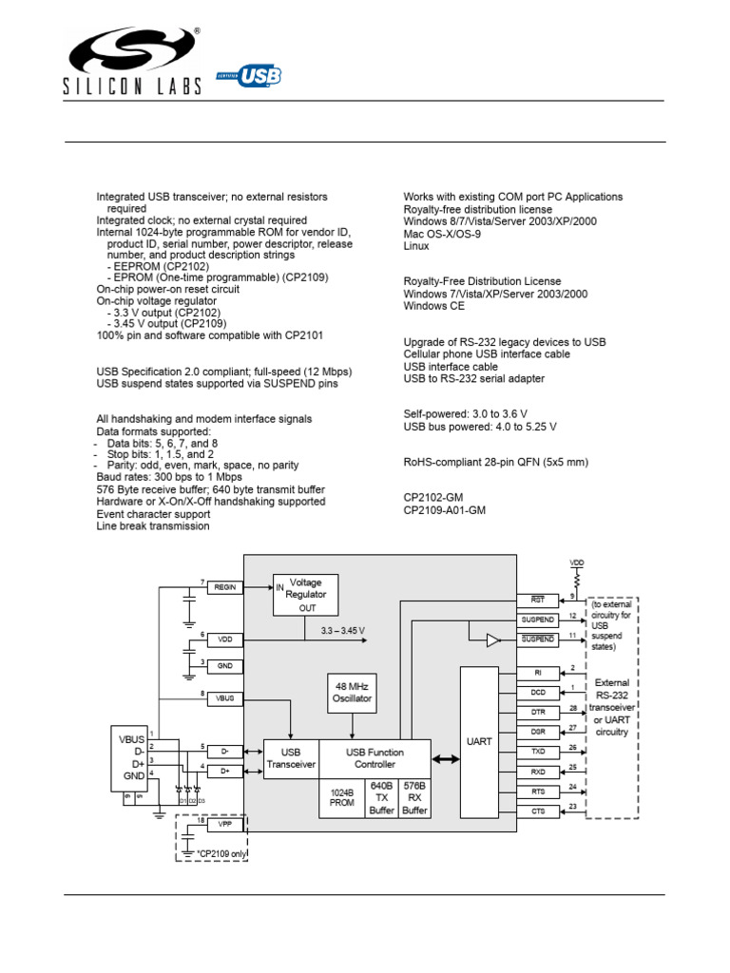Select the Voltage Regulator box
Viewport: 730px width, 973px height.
coord(305,595)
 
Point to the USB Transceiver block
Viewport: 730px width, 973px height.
coord(290,758)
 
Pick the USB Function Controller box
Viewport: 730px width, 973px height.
coord(375,758)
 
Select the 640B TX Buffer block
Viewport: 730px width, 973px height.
coord(381,798)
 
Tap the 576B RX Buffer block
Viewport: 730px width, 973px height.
coord(414,798)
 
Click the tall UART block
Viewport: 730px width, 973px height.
coord(478,741)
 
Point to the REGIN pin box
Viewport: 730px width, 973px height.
coord(225,588)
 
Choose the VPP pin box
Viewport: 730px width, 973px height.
coord(225,826)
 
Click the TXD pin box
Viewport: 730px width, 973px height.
coord(538,751)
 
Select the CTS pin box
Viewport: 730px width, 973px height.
coord(538,811)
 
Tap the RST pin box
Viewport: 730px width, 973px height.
coord(538,601)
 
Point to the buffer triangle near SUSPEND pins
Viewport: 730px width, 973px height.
coord(492,640)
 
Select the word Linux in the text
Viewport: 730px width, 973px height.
coord(416,246)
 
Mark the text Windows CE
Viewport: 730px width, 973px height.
coord(433,306)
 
